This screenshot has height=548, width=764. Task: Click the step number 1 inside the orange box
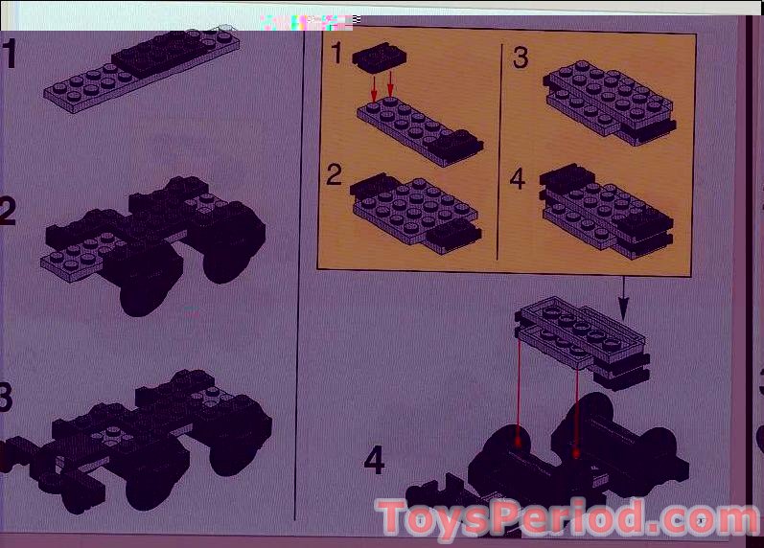pyautogui.click(x=336, y=52)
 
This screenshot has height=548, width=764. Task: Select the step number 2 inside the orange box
pyautogui.click(x=335, y=174)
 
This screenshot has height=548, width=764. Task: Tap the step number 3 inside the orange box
pyautogui.click(x=521, y=57)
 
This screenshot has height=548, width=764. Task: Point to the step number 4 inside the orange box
pyautogui.click(x=518, y=178)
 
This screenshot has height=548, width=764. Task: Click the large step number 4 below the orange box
pyautogui.click(x=374, y=460)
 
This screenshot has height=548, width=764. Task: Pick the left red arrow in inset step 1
pyautogui.click(x=374, y=88)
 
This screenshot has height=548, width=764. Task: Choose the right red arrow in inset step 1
pyautogui.click(x=390, y=84)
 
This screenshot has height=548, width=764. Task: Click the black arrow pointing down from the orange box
pyautogui.click(x=624, y=298)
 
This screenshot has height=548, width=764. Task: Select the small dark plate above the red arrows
pyautogui.click(x=379, y=57)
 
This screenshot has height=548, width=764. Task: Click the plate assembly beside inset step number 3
pyautogui.click(x=610, y=103)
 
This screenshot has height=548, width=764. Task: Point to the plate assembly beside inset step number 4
pyautogui.click(x=607, y=211)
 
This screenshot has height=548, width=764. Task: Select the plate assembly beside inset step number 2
pyautogui.click(x=416, y=214)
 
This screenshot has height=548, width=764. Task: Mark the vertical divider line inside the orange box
pyautogui.click(x=499, y=151)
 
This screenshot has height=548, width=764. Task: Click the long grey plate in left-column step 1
pyautogui.click(x=141, y=72)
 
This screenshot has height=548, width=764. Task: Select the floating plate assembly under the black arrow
pyautogui.click(x=582, y=342)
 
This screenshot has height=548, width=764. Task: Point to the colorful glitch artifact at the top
pyautogui.click(x=311, y=22)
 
